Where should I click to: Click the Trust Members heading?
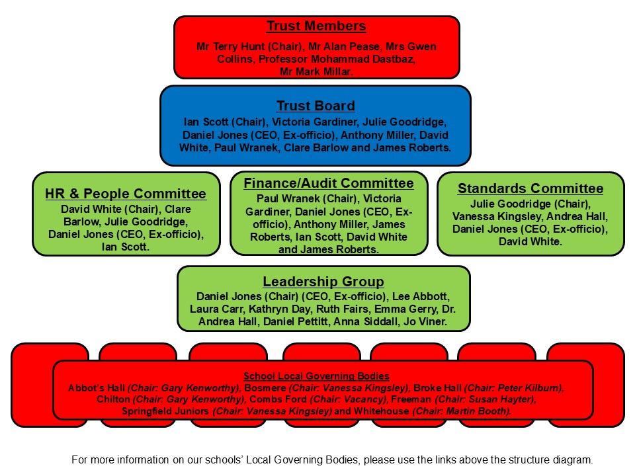pos(316,26)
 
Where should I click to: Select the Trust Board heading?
pos(316,106)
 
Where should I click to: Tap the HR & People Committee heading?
pos(126,194)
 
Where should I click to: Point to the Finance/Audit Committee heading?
pos(329,183)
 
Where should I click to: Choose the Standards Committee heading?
pos(530,188)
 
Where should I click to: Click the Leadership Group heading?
pos(323,282)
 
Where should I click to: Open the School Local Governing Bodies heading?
pos(316,376)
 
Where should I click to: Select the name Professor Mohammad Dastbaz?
pos(337,59)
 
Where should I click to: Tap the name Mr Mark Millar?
pos(316,71)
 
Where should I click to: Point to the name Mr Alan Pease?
pos(345,46)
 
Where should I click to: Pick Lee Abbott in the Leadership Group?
pos(419,296)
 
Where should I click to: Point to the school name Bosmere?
pos(265,388)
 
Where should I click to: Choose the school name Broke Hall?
pos(437,388)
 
